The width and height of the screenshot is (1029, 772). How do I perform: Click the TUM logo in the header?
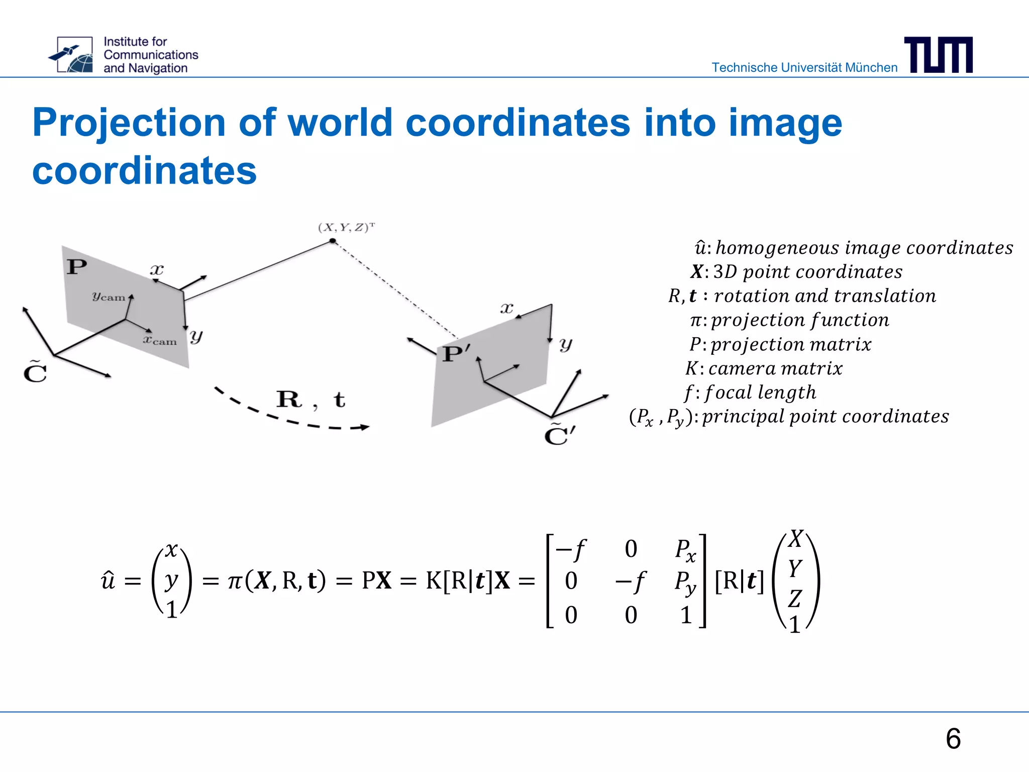coord(938,55)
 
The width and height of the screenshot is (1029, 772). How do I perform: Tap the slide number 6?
coord(953,739)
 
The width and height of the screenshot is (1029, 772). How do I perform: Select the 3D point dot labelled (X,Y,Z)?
coord(333,241)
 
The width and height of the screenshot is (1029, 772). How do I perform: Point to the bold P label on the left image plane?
coord(77,266)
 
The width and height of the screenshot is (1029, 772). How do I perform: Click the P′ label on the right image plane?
coord(456,354)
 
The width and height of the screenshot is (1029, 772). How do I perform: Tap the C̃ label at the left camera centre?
coord(35,372)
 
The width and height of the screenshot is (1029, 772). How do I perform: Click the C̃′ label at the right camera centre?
coord(559,435)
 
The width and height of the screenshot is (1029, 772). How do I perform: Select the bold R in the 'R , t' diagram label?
coord(289,400)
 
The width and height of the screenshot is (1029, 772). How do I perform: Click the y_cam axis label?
coord(108,297)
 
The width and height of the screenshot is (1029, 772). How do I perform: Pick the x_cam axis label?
coord(160,341)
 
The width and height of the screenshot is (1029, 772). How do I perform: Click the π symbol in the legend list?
coord(695,320)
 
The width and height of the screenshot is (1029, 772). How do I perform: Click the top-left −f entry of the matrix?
coord(571,549)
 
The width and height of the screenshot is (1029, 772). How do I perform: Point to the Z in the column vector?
coord(794,599)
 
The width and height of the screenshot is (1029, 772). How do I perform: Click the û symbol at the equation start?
coord(108,581)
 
